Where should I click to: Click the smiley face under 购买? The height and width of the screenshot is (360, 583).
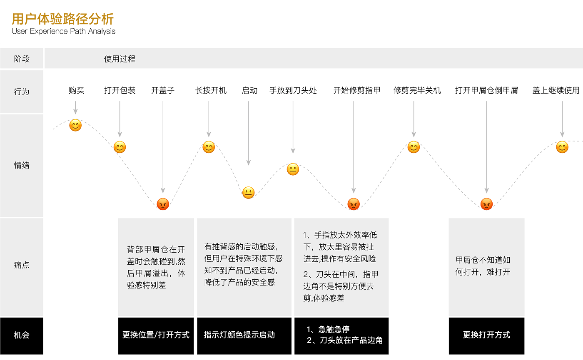pos(75,125)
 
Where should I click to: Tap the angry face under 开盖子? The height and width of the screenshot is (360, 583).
pos(163,204)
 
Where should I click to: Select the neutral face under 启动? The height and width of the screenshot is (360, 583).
pos(249,193)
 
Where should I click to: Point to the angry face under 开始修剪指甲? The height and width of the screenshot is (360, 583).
pos(354,204)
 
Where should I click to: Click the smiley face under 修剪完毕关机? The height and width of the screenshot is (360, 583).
pos(414,147)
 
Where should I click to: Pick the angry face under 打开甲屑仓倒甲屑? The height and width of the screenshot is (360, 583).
pos(487,204)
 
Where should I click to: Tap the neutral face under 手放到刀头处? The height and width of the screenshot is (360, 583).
pos(293,169)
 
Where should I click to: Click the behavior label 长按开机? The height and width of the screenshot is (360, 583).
pos(211,91)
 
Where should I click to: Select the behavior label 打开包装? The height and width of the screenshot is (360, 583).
pos(120,91)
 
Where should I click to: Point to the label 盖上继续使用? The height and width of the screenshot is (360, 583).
pos(556,91)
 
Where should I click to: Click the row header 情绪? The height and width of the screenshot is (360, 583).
pos(22,165)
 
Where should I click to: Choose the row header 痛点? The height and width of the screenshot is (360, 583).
pos(22,266)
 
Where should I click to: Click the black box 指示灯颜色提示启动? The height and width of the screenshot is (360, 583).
pos(244,336)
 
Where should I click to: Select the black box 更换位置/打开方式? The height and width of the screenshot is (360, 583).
pos(156,336)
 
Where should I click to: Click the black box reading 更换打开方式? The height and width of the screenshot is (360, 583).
pos(486,336)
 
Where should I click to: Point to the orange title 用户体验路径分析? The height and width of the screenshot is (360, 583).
pos(63,19)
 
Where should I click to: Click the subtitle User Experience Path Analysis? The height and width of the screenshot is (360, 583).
pos(63,31)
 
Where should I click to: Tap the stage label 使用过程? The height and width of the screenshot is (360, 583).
pos(120,59)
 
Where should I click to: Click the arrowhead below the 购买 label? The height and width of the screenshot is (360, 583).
pos(75,112)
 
